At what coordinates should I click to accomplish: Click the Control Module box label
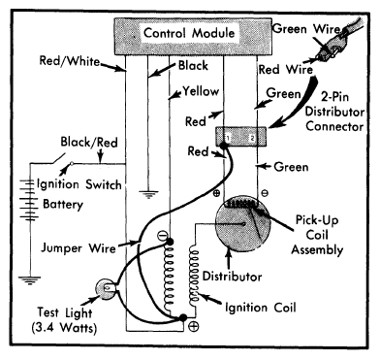189,33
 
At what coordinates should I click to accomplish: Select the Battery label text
63,205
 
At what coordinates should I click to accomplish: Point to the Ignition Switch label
79,184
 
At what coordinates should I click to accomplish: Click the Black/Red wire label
89,142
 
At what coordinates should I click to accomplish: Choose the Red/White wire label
70,61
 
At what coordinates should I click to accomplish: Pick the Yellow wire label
201,91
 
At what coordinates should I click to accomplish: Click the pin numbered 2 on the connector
252,138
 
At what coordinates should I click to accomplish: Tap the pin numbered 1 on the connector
228,138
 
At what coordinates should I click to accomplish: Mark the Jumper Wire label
79,248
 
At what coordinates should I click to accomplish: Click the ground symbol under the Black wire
148,194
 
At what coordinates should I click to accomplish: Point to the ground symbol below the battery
30,280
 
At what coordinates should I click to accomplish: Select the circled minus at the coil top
162,236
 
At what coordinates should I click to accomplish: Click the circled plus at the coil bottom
194,326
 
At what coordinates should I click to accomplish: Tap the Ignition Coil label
261,308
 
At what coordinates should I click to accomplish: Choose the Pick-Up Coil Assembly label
317,235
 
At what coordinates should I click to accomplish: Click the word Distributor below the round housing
232,277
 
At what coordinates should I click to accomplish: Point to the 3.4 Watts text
65,328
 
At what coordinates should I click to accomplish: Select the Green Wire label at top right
306,29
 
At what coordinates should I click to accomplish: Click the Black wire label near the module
193,66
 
